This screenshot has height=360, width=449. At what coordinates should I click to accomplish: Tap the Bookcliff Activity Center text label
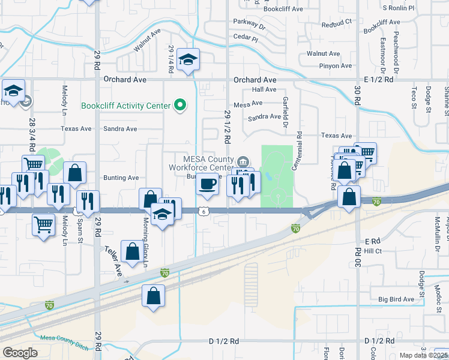coord(125,106)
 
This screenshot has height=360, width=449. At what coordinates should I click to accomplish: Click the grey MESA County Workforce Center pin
coord(244,161)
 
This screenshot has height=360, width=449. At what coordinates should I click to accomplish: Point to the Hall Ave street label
coord(264,89)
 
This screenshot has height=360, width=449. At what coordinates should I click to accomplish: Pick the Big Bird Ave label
coord(396,299)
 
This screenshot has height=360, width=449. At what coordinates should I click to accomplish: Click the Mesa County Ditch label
coord(64,343)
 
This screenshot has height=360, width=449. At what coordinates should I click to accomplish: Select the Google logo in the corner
coord(20,353)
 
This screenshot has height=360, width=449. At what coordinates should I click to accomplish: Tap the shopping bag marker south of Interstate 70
coord(153,296)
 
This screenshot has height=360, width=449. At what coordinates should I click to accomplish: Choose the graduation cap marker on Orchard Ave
coord(188,60)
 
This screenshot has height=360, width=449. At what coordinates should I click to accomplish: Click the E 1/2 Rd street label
coord(378,79)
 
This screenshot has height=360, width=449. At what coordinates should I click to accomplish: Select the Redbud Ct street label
coord(336,25)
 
